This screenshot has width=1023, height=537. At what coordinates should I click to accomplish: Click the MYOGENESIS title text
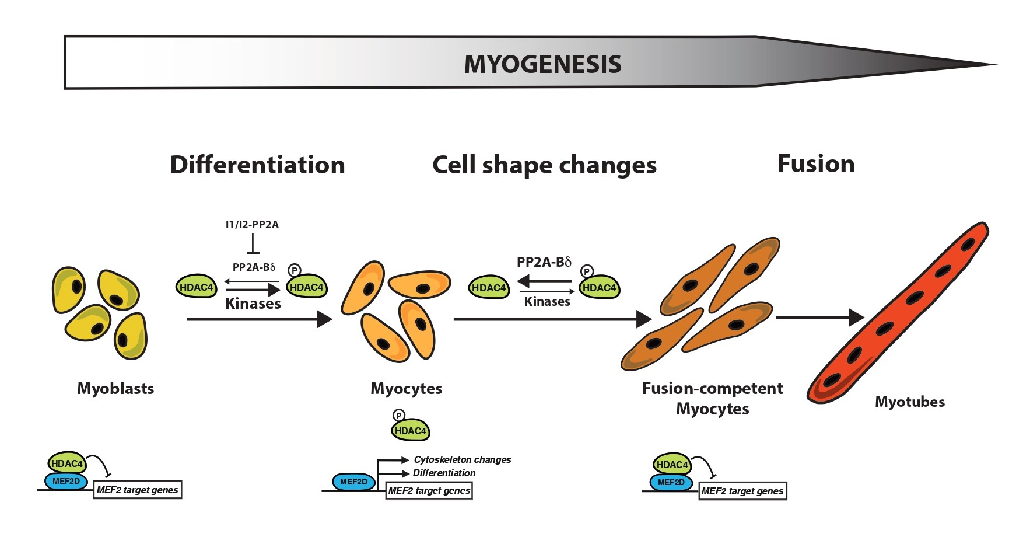pos(542,64)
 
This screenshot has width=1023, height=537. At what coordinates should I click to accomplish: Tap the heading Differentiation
pos(257,165)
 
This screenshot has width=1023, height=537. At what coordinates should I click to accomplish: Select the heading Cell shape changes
pos(544,165)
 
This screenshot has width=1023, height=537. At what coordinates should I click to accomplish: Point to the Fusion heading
pos(815,164)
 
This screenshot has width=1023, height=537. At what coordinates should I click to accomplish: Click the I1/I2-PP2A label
pos(252,225)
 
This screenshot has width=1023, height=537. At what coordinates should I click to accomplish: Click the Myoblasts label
pos(115,389)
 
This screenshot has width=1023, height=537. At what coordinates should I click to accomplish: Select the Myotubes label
pos(909,402)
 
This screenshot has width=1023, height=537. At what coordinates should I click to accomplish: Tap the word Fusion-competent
pos(712,389)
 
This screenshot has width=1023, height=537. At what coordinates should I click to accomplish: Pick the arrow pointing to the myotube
pos(819,318)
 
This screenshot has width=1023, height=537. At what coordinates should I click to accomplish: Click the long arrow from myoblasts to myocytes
pos(259,319)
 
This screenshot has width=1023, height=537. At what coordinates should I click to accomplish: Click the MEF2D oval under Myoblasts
pos(66,482)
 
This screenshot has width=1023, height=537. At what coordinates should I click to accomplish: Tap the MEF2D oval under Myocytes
pos(353,482)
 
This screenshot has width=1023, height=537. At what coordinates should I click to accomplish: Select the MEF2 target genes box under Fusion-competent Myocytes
pos(742,491)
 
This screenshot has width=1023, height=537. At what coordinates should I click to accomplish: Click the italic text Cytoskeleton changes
pos(462,460)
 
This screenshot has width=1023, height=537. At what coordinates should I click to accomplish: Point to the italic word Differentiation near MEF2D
pos(444,473)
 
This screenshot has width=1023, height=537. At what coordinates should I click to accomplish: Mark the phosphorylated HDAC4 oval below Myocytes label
pos(410,431)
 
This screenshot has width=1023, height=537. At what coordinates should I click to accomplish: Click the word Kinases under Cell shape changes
pos(547,302)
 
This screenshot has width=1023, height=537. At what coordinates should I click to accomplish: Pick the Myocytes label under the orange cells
pos(406,389)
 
